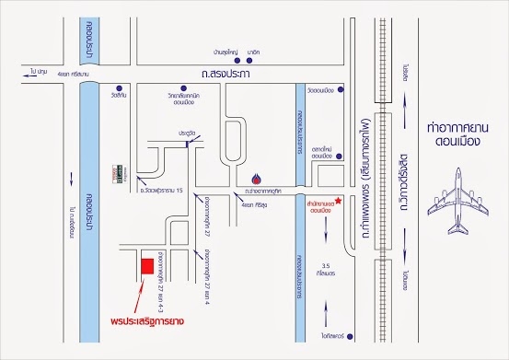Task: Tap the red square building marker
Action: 145,266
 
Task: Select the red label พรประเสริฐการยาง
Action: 137,321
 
